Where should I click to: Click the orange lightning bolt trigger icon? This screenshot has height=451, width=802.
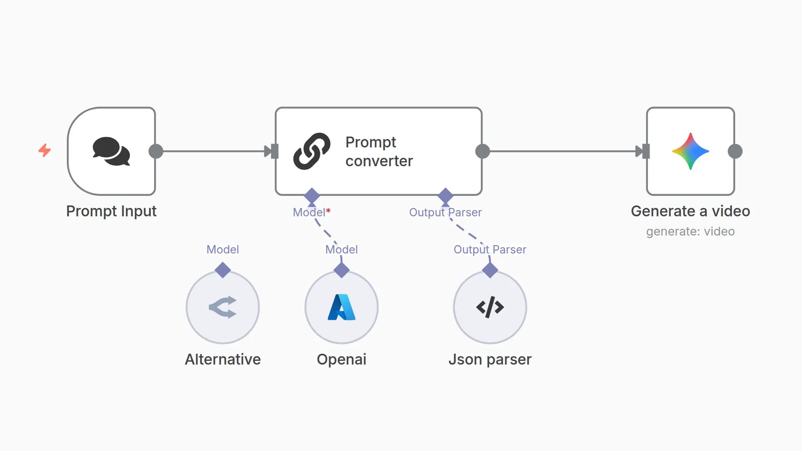[45, 150]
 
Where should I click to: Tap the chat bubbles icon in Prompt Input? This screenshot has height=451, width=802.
[111, 151]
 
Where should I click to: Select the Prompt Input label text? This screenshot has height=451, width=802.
[111, 211]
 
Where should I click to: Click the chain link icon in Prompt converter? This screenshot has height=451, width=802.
[312, 151]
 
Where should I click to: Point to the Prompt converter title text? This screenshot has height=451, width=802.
[379, 151]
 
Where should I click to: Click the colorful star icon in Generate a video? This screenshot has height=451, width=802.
[690, 151]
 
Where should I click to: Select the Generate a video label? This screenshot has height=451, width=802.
[690, 211]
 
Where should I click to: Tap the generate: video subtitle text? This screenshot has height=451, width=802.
[690, 231]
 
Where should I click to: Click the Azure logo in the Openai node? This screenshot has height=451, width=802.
[341, 307]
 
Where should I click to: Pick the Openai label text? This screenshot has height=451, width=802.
[341, 360]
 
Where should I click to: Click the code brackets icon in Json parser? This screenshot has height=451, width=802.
[490, 307]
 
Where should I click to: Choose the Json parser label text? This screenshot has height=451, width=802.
[490, 360]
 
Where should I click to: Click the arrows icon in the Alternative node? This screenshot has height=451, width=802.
[223, 307]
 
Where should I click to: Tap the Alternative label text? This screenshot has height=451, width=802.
[223, 360]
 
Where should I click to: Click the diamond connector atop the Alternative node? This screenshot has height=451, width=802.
[223, 270]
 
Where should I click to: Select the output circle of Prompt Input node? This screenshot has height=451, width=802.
[156, 151]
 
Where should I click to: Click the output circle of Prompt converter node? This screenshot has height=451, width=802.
[482, 151]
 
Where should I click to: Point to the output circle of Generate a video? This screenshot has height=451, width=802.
[735, 151]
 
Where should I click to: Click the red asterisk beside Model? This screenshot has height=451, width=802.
[328, 211]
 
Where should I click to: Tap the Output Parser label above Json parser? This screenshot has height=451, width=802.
[490, 250]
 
